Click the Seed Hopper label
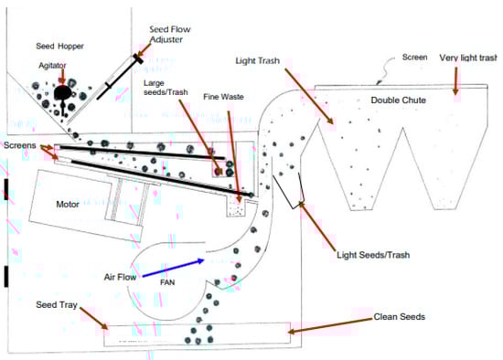(59, 47)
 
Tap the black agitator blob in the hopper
(62, 92)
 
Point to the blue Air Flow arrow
(173, 268)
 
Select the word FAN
(167, 282)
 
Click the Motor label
(68, 204)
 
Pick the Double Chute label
(399, 101)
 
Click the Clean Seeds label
(400, 317)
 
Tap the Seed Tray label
(57, 304)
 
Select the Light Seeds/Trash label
(373, 255)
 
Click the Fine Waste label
(223, 97)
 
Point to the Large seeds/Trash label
(166, 88)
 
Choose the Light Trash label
(257, 61)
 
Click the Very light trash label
(468, 58)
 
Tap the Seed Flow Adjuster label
(170, 35)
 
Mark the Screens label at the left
(20, 145)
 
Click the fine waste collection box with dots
(236, 207)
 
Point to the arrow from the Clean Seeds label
(330, 325)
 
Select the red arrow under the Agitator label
(62, 77)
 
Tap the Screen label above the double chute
(415, 58)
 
